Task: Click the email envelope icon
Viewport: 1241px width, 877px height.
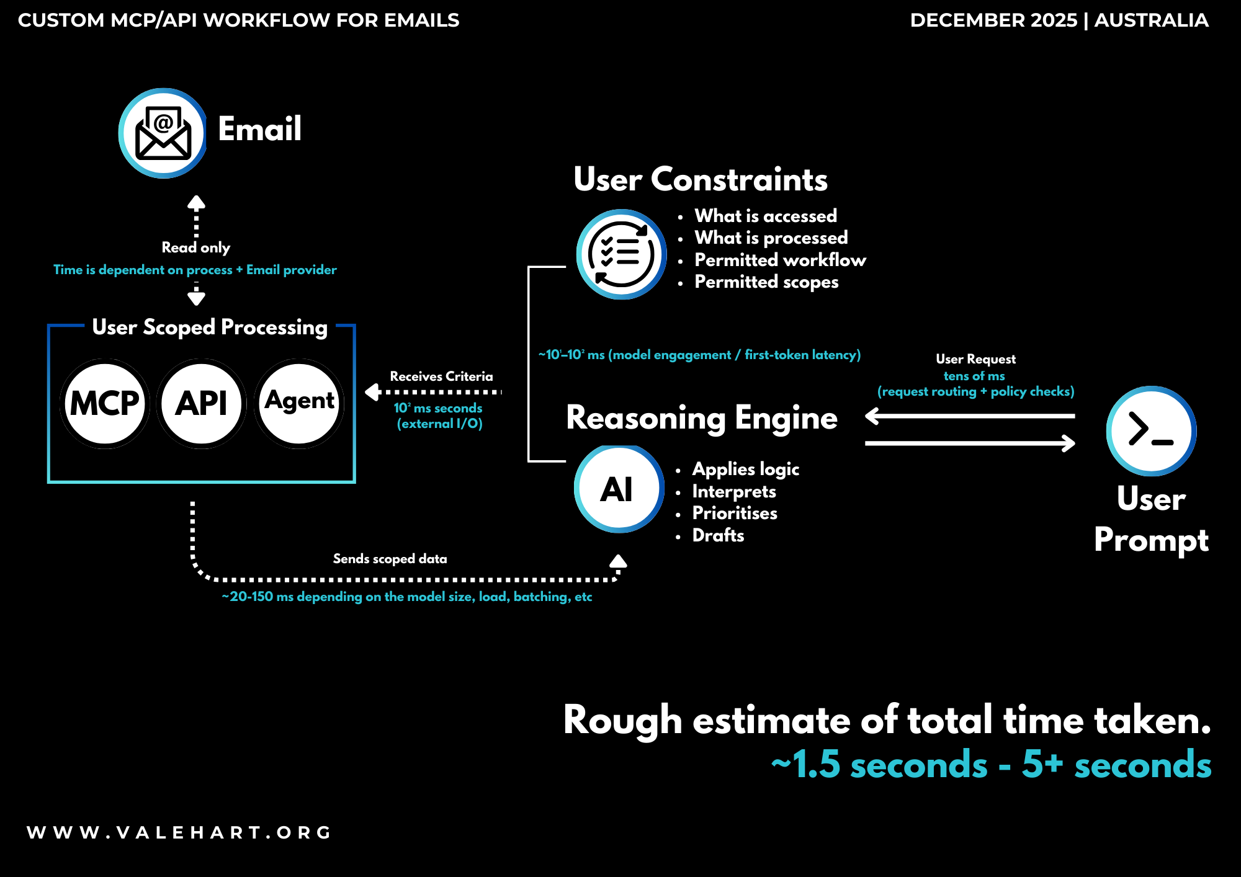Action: pyautogui.click(x=163, y=133)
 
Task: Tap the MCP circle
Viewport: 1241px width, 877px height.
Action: pyautogui.click(x=105, y=403)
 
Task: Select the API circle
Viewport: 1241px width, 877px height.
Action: pyautogui.click(x=202, y=403)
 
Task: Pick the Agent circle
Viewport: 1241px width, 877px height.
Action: pyautogui.click(x=299, y=403)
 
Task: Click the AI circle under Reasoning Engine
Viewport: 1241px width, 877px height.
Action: pyautogui.click(x=618, y=489)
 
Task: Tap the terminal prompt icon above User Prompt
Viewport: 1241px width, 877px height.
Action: pyautogui.click(x=1151, y=431)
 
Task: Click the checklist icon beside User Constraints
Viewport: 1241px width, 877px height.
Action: pyautogui.click(x=621, y=254)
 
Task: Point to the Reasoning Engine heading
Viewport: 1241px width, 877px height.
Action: pyautogui.click(x=702, y=418)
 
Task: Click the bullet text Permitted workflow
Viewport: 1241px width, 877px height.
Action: pyautogui.click(x=780, y=260)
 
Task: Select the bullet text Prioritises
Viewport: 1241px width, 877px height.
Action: pyautogui.click(x=735, y=513)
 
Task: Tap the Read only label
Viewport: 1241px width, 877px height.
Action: pyautogui.click(x=196, y=247)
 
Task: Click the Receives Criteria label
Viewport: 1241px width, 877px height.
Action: pyautogui.click(x=441, y=376)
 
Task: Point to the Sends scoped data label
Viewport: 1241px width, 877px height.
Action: pyautogui.click(x=390, y=559)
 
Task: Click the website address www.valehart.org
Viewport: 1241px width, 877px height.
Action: pyautogui.click(x=179, y=832)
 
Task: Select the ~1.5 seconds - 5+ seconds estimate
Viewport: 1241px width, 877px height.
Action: pyautogui.click(x=991, y=764)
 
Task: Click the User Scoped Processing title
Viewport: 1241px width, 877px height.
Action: pyautogui.click(x=210, y=327)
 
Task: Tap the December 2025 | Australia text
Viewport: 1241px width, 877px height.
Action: pyautogui.click(x=1059, y=20)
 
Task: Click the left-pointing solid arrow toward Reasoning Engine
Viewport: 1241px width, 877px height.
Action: pyautogui.click(x=969, y=416)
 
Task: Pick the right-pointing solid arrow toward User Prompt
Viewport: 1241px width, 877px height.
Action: pyautogui.click(x=969, y=443)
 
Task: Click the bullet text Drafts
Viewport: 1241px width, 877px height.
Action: pyautogui.click(x=718, y=535)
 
